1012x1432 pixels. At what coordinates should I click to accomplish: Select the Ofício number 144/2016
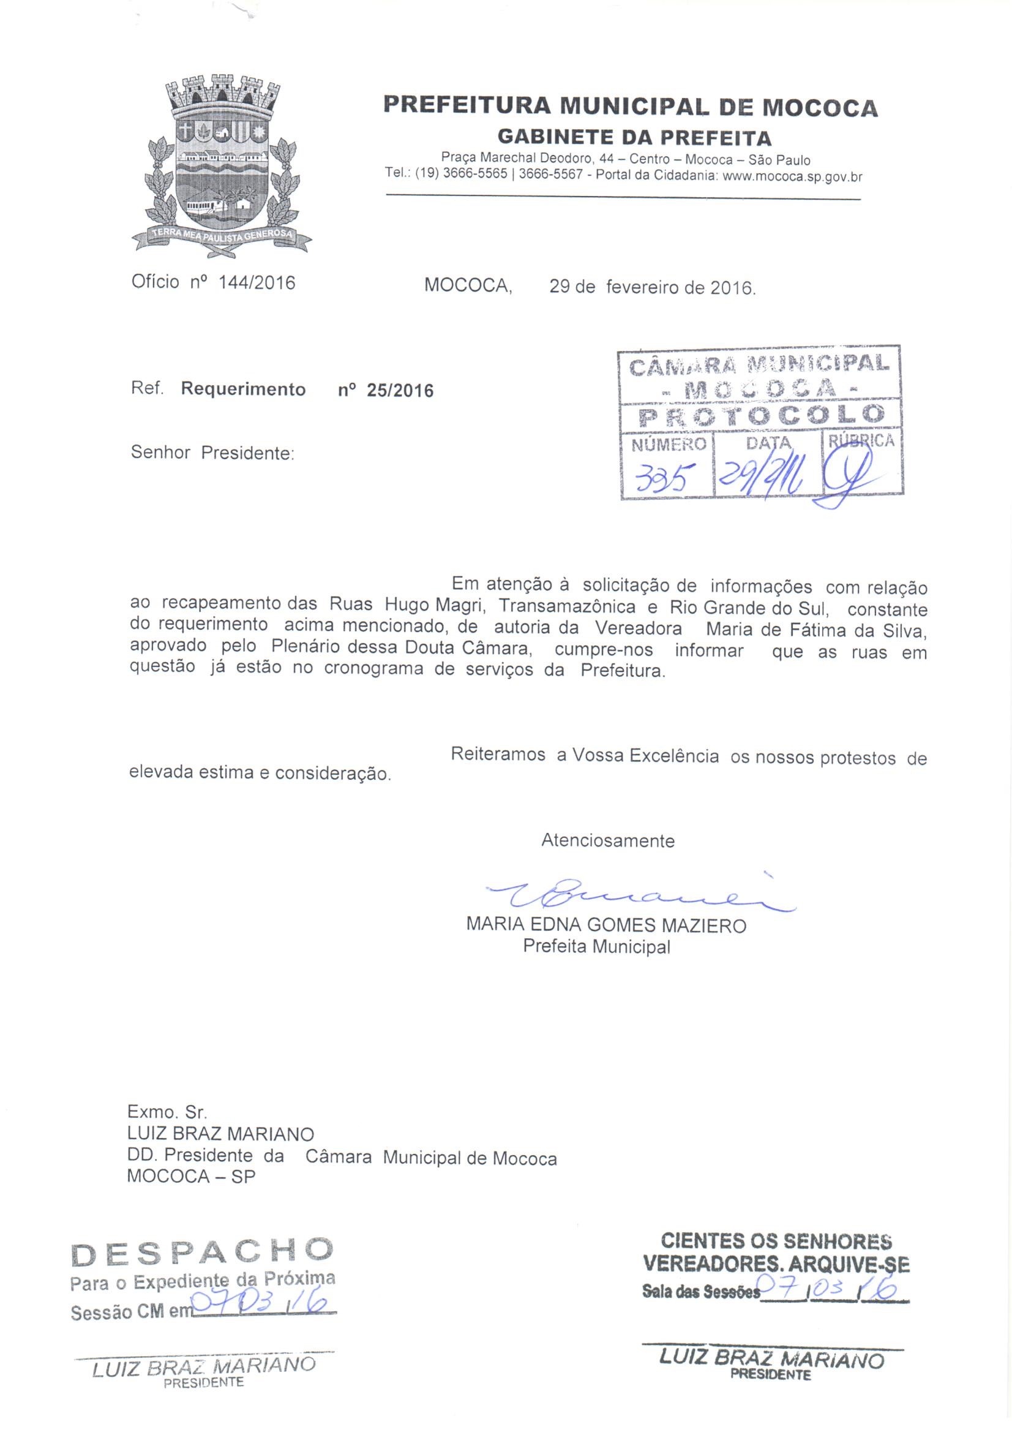pyautogui.click(x=257, y=283)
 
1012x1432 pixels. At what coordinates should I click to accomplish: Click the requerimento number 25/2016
pyautogui.click(x=400, y=391)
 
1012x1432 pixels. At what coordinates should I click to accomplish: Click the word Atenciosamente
pyautogui.click(x=607, y=841)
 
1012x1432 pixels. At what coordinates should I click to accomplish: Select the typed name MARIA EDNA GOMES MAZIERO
pyautogui.click(x=605, y=925)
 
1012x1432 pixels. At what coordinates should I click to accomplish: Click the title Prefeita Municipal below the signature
pyautogui.click(x=596, y=947)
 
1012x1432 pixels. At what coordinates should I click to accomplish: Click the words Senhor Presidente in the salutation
pyautogui.click(x=212, y=453)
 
